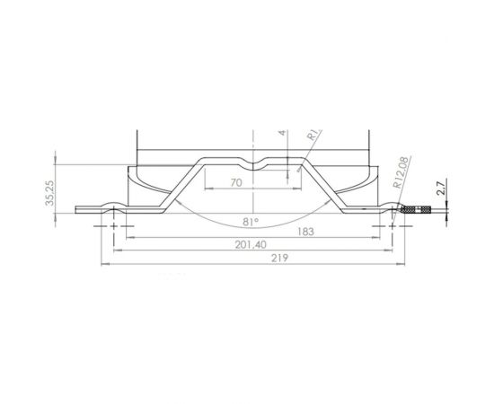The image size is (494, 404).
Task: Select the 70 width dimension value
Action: coord(237,182)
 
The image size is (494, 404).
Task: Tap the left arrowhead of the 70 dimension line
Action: coord(209,189)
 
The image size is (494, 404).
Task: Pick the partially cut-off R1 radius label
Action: coord(313,137)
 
